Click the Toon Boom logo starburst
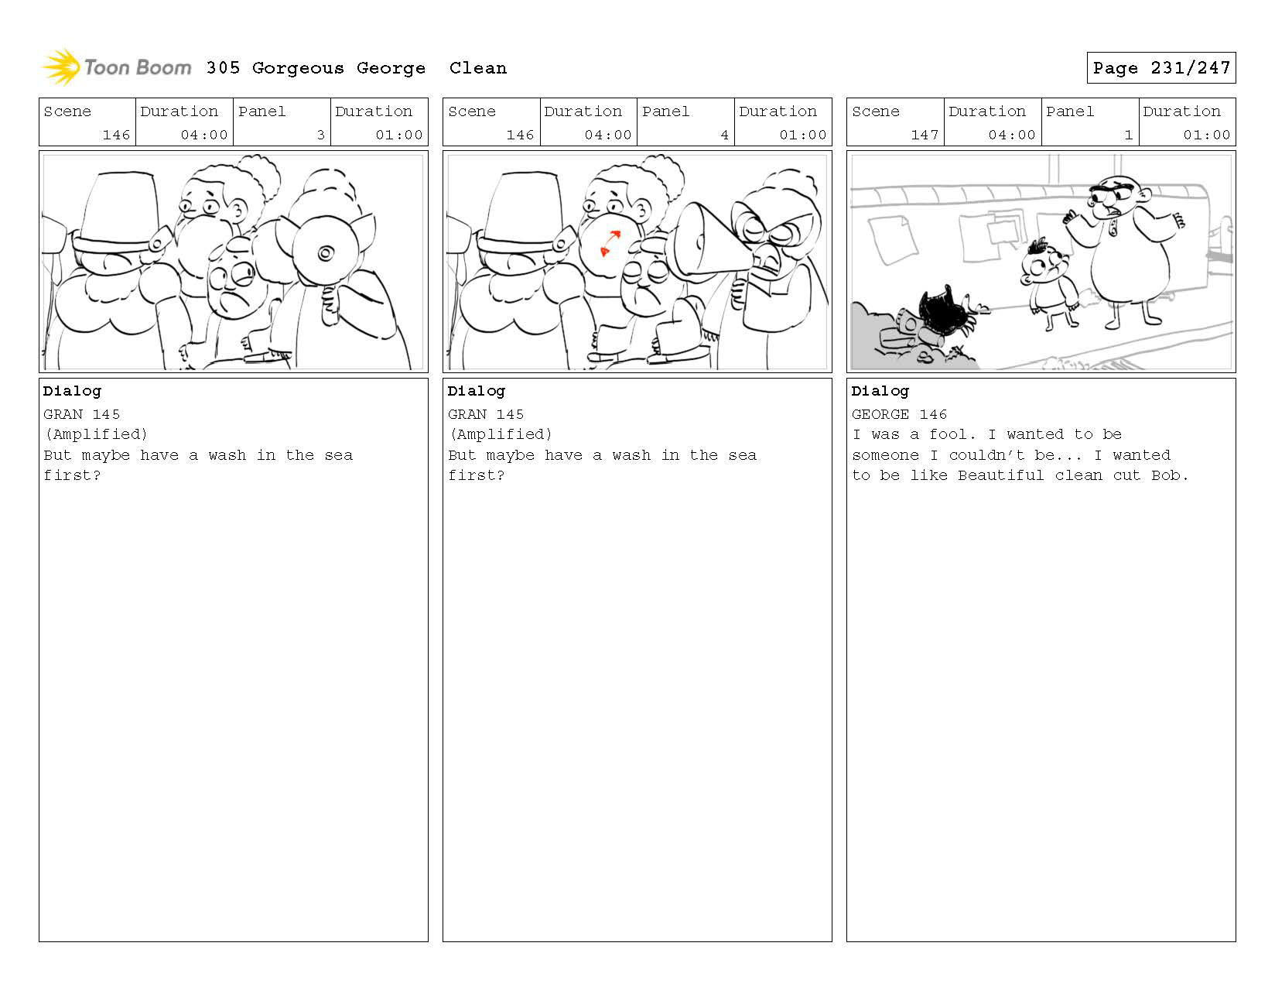[x=61, y=67]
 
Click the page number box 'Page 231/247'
[x=1160, y=67]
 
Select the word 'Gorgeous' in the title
[x=298, y=69]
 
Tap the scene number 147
[x=924, y=135]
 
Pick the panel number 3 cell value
[x=320, y=135]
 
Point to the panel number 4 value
[x=724, y=135]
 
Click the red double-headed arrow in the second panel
[x=610, y=243]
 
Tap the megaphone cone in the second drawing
[x=711, y=239]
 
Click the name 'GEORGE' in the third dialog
[x=880, y=414]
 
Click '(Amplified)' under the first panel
[x=96, y=434]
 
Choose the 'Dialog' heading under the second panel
[x=476, y=392]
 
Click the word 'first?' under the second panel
[x=476, y=475]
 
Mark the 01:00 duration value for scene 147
[x=1206, y=135]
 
